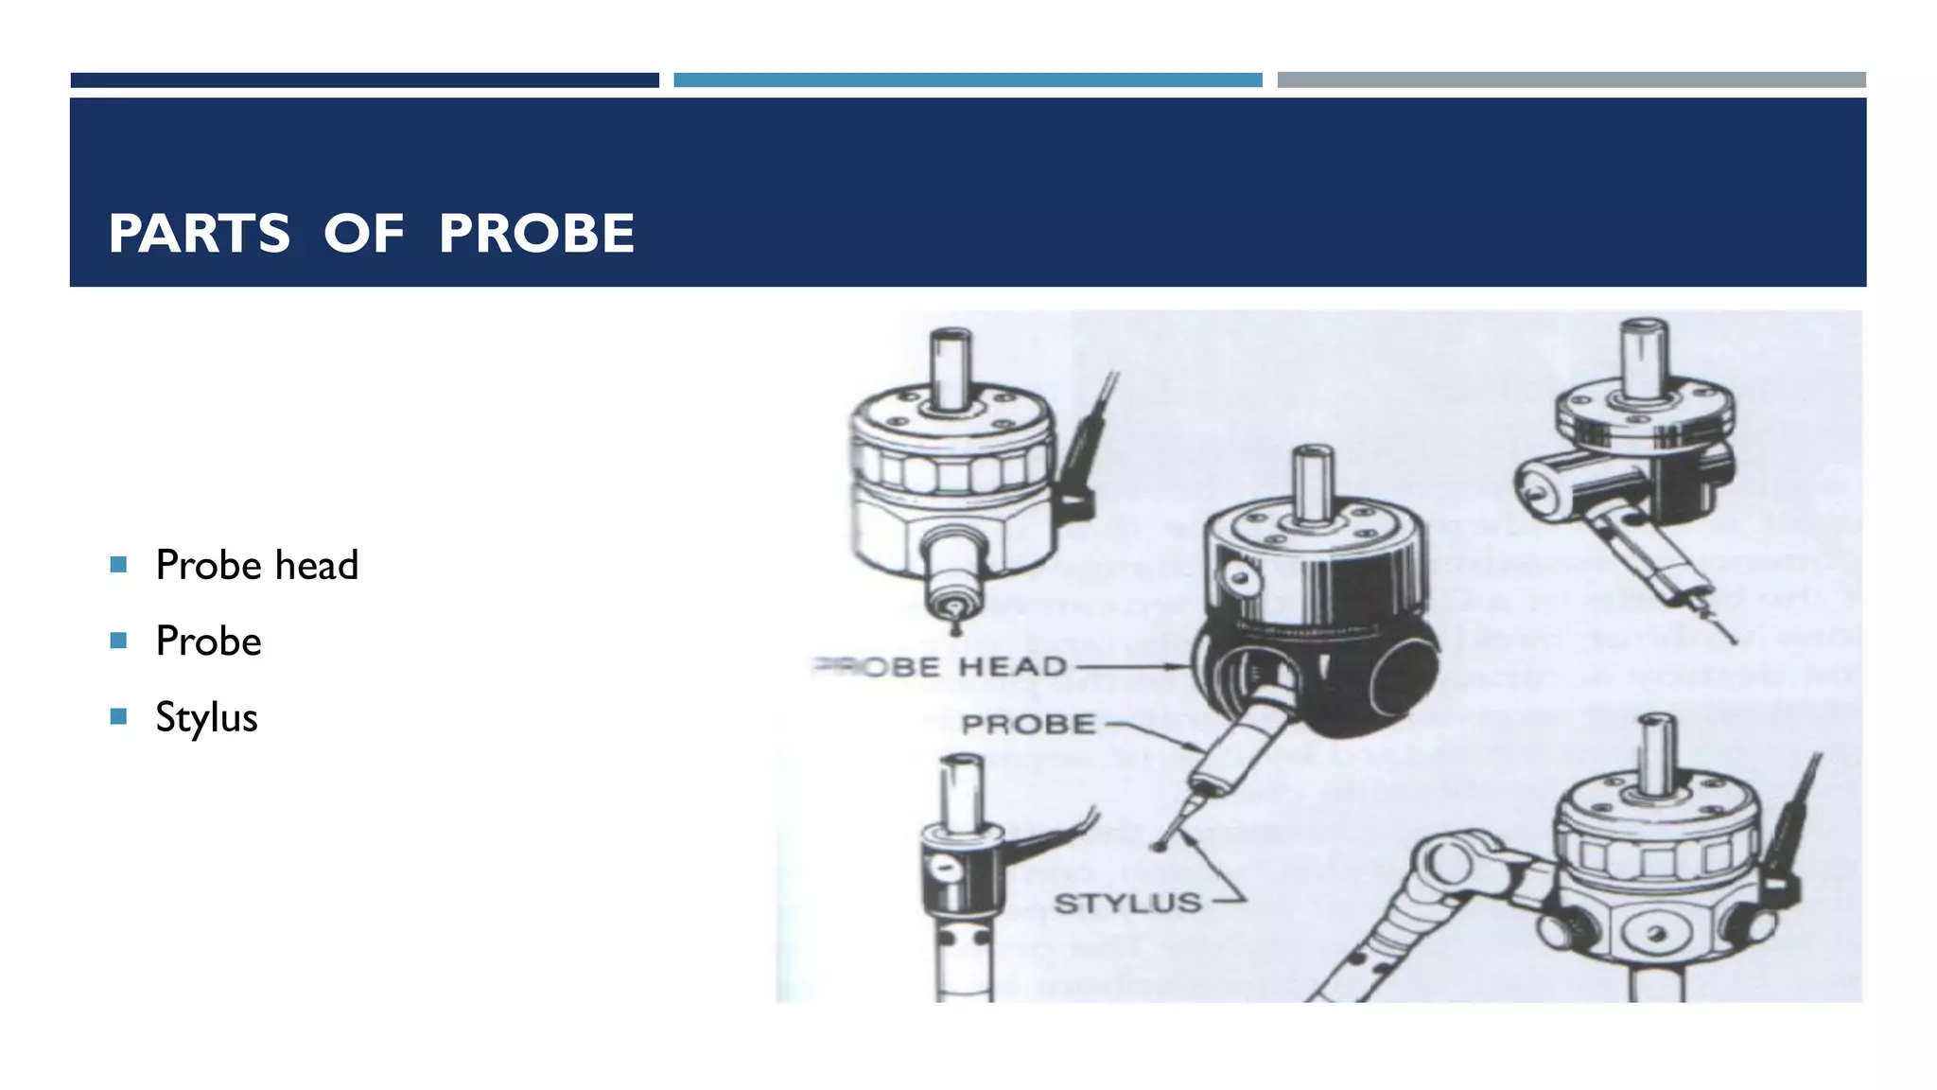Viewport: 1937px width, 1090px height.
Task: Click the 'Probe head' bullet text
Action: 256,565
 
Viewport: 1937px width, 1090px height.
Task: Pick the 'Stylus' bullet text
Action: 206,717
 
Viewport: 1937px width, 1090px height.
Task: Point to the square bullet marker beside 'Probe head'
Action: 118,565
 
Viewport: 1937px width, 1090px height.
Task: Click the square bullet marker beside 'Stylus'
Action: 118,716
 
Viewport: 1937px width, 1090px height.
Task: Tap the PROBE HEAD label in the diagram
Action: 941,667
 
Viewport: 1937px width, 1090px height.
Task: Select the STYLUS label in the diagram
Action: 1127,904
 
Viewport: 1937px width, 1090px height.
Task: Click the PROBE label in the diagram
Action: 1028,725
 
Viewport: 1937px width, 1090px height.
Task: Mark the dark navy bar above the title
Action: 364,80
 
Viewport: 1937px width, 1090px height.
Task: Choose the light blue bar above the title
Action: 968,80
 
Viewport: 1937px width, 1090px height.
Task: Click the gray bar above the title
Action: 1571,80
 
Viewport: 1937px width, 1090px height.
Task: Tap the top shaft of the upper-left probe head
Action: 951,369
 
